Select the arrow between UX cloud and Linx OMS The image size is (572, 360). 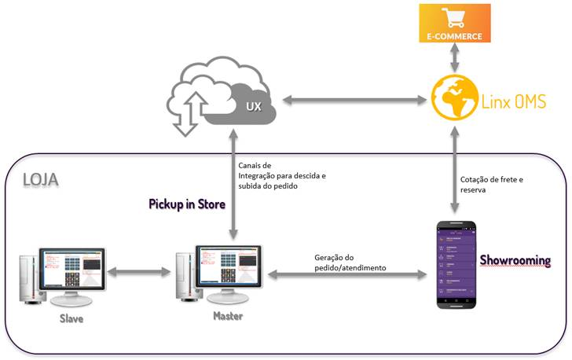click(x=353, y=100)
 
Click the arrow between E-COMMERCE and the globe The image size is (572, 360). click(x=454, y=57)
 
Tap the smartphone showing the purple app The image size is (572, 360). click(x=458, y=265)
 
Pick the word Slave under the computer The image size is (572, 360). click(x=71, y=319)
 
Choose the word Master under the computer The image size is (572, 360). click(x=227, y=316)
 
